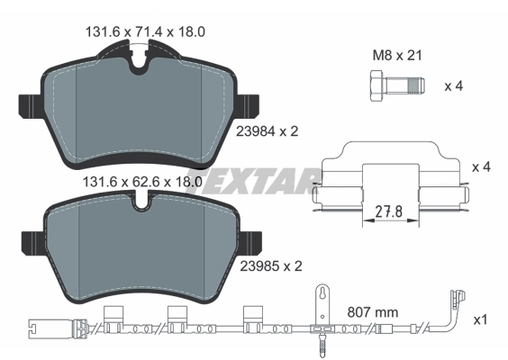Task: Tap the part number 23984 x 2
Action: (266, 130)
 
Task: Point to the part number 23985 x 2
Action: (266, 265)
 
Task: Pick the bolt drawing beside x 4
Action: (392, 87)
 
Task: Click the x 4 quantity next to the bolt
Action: (457, 87)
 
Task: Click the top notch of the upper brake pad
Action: (138, 63)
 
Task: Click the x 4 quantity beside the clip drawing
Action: (482, 167)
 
